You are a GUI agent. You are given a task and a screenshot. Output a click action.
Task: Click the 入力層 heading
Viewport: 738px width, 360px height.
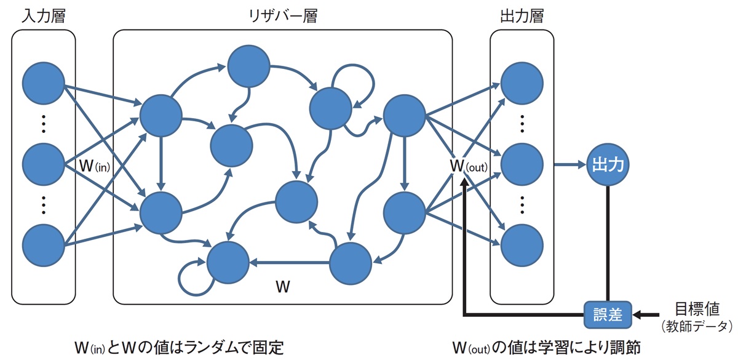point(43,15)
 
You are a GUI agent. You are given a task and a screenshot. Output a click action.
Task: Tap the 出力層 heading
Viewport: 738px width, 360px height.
point(522,15)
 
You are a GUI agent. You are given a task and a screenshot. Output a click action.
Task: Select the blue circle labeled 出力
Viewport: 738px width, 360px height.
point(608,164)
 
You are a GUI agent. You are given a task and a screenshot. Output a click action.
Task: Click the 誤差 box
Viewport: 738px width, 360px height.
point(608,315)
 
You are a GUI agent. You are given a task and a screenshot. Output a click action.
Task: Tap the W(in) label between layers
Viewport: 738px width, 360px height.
point(96,166)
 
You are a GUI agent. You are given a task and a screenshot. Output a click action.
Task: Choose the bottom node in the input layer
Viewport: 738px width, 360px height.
point(43,245)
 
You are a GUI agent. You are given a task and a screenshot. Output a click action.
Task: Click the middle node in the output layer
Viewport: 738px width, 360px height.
point(522,164)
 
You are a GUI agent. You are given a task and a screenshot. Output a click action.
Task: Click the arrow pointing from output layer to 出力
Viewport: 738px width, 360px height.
point(569,164)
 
